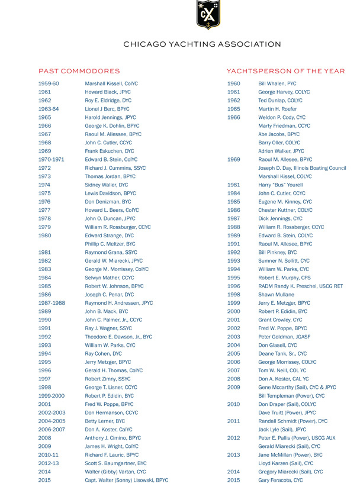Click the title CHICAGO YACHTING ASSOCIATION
point(202,44)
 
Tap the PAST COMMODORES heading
point(79,71)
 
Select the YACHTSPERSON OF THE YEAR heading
point(285,71)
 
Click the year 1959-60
point(49,84)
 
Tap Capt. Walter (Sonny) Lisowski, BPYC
point(126,480)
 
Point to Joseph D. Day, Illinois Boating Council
point(302,168)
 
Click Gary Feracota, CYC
point(281,480)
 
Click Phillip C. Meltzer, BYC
point(110,244)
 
